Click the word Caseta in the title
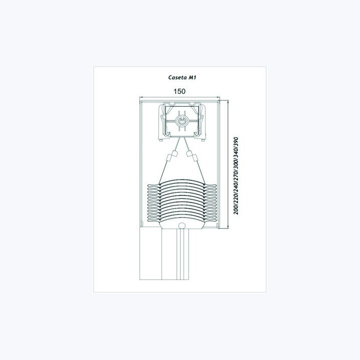point(177,77)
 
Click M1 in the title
point(192,77)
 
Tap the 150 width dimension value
point(179,91)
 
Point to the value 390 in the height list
point(236,142)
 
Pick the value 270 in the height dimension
point(236,176)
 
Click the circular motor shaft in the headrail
point(182,121)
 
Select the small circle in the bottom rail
point(182,225)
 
